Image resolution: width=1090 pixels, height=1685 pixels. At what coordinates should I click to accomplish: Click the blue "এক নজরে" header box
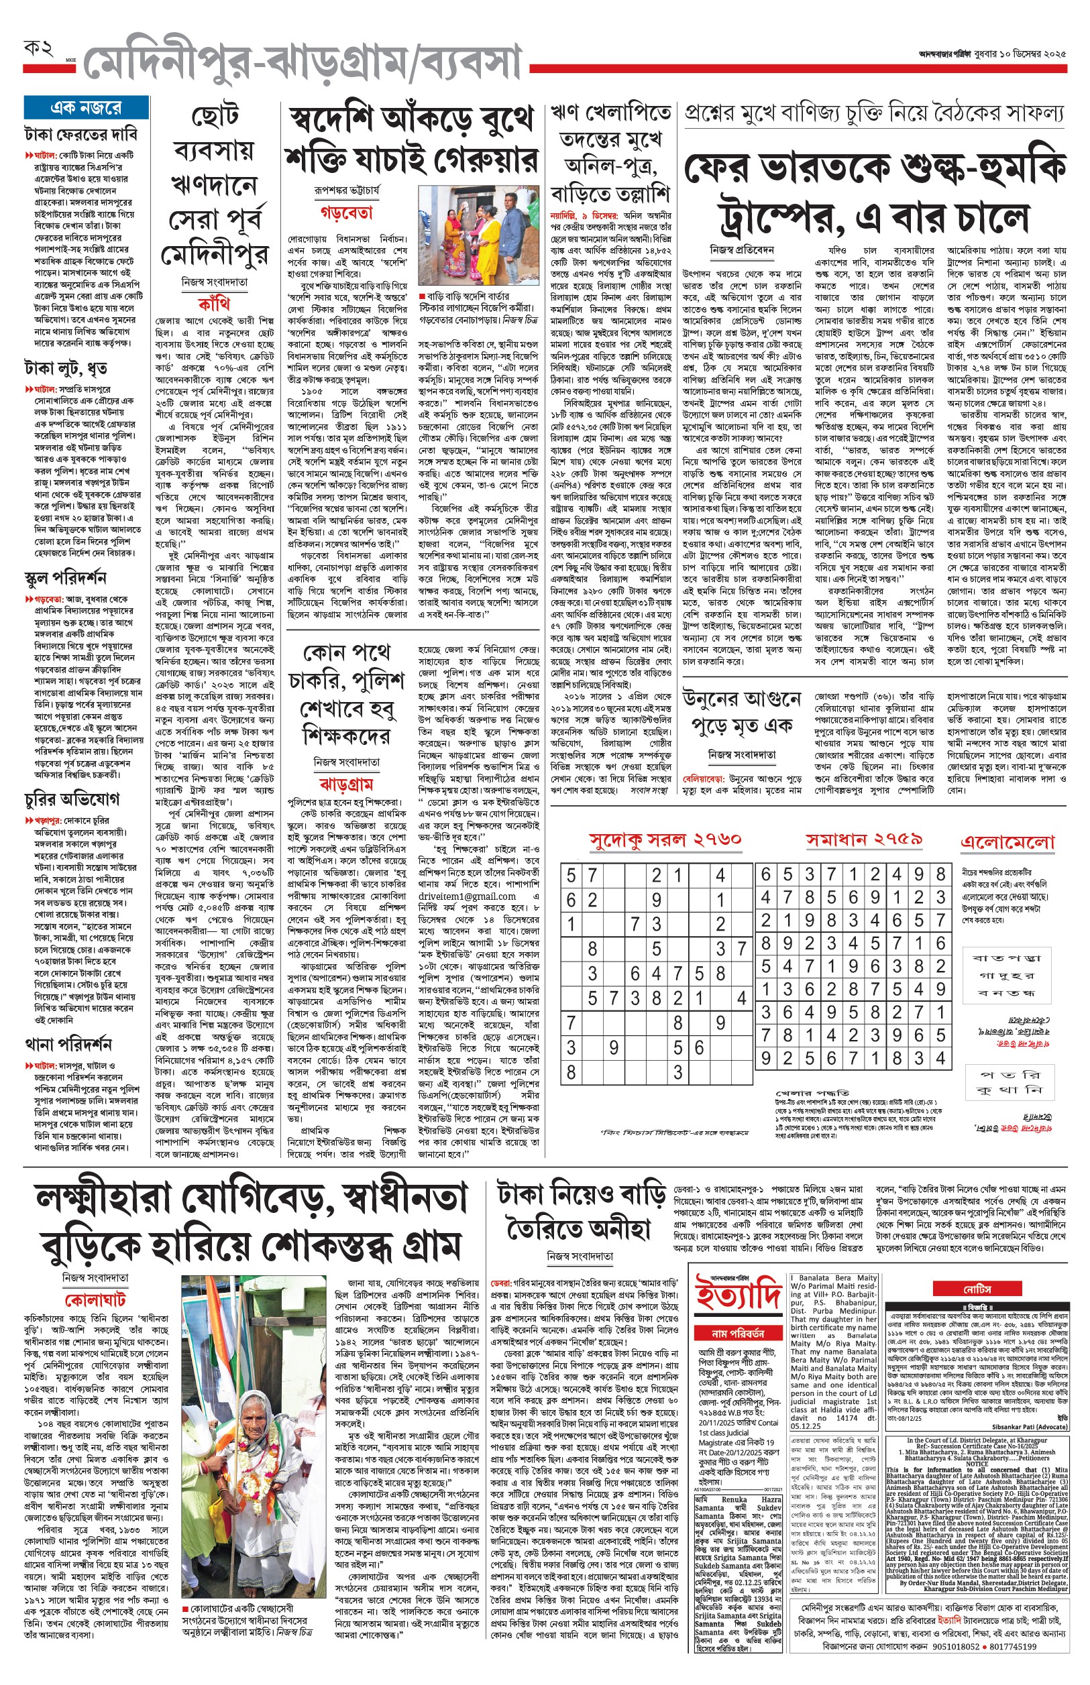pos(86,107)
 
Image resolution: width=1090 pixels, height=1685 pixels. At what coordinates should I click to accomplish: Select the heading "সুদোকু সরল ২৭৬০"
pos(665,839)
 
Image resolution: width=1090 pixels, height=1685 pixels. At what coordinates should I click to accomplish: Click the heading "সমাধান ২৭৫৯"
pos(863,839)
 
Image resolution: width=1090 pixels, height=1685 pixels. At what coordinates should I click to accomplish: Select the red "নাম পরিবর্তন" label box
pos(738,1334)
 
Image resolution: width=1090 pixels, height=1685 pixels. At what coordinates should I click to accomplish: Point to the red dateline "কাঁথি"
pos(214,304)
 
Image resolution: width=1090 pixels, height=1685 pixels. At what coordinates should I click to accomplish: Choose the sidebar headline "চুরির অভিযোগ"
pos(72,799)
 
